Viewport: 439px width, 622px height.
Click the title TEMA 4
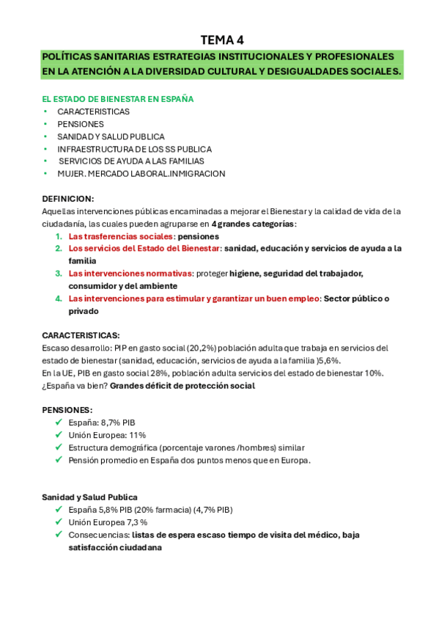(219, 40)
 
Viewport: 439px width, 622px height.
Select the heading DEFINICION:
(67, 199)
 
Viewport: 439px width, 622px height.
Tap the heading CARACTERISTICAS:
(81, 335)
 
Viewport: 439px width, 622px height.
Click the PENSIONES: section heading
(67, 410)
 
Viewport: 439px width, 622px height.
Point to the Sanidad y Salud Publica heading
(89, 497)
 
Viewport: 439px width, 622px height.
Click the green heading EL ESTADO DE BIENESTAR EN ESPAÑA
(117, 99)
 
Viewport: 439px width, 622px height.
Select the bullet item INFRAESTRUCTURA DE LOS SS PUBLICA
(134, 149)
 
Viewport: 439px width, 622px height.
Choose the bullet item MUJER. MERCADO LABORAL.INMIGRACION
(141, 174)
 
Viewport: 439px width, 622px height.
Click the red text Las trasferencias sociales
(121, 236)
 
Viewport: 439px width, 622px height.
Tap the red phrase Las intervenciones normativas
(130, 274)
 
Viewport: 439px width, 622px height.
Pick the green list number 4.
(58, 299)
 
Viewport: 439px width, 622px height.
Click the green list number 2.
(58, 249)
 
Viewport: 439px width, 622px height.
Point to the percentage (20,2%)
(180, 348)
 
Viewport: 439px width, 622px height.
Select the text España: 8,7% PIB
(102, 422)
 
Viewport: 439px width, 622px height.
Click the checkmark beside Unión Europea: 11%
(58, 435)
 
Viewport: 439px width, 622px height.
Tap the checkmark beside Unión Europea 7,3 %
(58, 522)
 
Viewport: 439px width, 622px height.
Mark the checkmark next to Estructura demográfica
(58, 447)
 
